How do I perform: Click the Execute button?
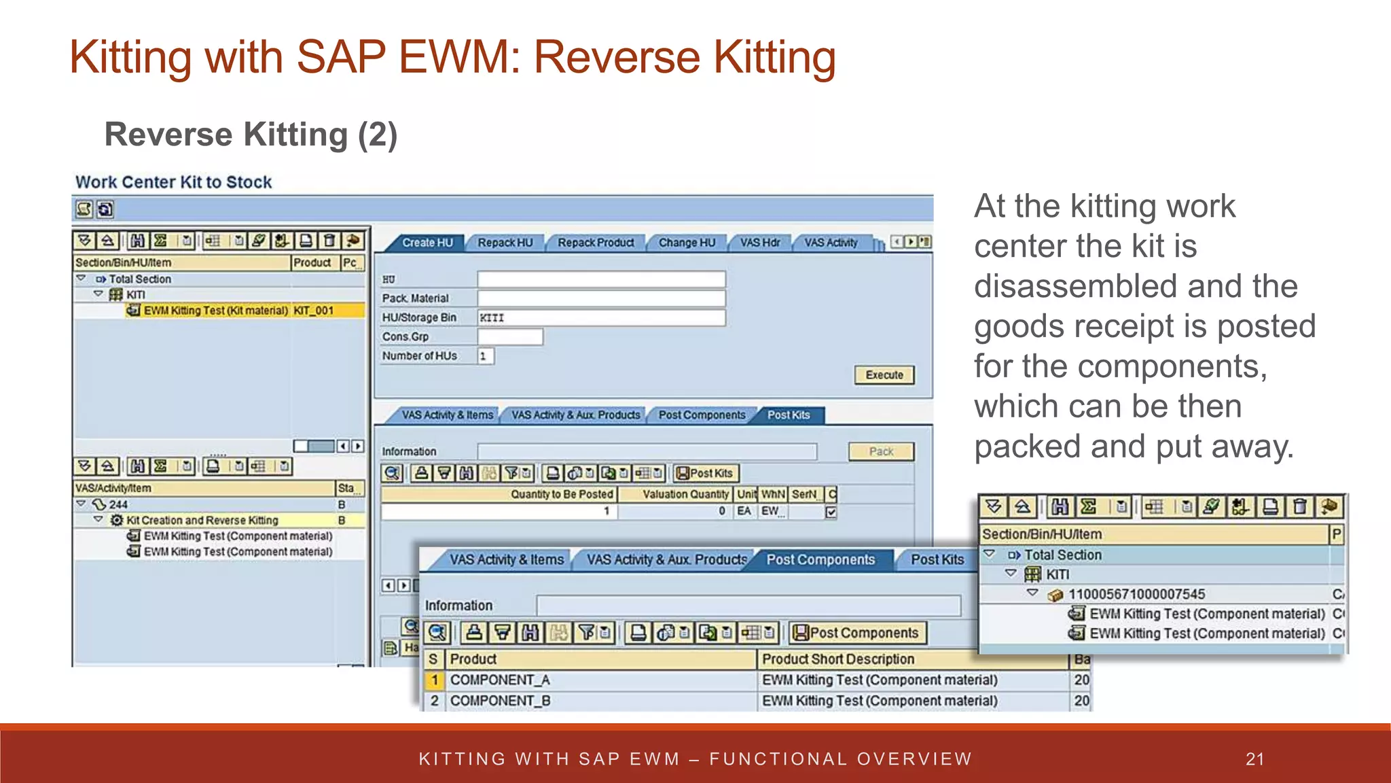[x=884, y=375]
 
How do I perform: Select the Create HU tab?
[x=427, y=243]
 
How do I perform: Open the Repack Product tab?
[x=596, y=243]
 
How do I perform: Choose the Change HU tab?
[x=687, y=243]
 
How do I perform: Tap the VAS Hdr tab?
[x=760, y=243]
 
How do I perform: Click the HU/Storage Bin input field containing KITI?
[x=601, y=317]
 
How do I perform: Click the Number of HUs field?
[x=486, y=356]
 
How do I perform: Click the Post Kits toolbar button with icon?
[x=706, y=473]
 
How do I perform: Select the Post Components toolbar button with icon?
[x=858, y=633]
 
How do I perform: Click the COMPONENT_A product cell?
[x=501, y=680]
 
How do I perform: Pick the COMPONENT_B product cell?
[x=501, y=701]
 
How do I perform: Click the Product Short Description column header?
[x=838, y=659]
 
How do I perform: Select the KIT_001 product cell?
[x=314, y=311]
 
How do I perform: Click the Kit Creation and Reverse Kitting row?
[x=202, y=521]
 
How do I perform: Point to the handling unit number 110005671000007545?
[x=1137, y=595]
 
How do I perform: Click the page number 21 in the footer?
[x=1255, y=759]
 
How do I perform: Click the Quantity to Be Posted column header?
[x=562, y=494]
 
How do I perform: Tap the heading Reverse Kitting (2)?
[x=251, y=135]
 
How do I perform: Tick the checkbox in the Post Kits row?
[x=831, y=512]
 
